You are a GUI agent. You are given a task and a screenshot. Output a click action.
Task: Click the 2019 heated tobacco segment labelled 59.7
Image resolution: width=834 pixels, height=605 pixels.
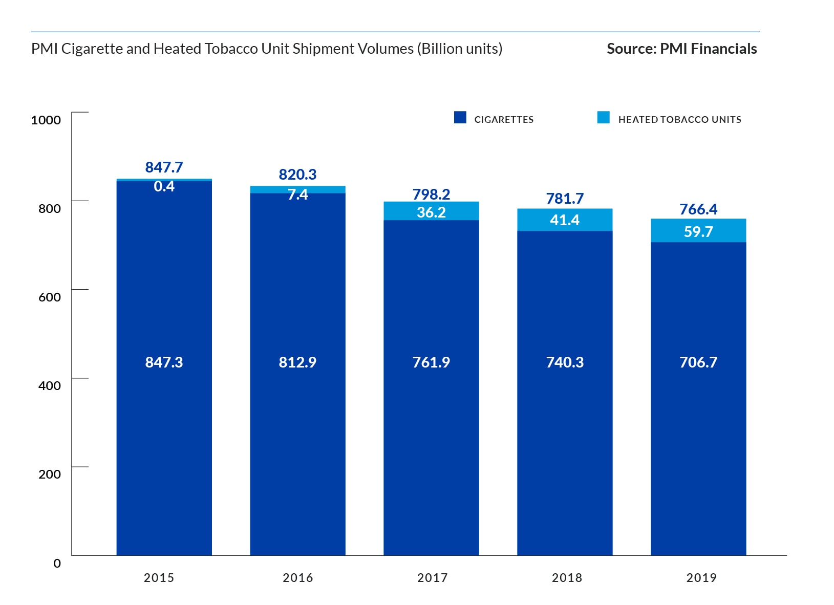pos(698,231)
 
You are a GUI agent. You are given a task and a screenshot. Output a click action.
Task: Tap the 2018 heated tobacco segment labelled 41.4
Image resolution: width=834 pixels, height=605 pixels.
pos(565,220)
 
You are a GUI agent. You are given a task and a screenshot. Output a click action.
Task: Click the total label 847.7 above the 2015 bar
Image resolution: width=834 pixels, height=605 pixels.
pos(164,167)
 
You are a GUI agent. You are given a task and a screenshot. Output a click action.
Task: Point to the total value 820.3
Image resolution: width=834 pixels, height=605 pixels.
pos(297,175)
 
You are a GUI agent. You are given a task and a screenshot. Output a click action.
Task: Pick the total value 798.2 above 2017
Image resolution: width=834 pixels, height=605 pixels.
pos(431,195)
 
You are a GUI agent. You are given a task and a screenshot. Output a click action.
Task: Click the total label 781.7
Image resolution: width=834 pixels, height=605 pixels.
pos(565,199)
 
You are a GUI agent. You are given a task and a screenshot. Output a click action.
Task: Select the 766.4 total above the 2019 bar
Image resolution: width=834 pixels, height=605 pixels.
pos(698,209)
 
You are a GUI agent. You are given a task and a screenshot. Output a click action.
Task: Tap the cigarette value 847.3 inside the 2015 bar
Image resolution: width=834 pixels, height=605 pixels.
pos(164,362)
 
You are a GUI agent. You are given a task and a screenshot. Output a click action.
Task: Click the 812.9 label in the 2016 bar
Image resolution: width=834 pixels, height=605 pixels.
pos(297,362)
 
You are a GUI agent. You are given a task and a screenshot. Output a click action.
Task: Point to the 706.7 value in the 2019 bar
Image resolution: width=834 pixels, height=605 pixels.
pos(698,362)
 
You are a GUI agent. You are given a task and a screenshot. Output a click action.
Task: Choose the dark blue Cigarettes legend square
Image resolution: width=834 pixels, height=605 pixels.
pos(460,118)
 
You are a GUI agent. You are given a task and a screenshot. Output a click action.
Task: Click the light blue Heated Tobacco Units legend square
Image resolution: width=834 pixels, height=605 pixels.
pos(603,118)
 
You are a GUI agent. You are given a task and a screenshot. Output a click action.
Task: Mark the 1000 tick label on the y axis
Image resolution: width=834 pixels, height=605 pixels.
pos(46,120)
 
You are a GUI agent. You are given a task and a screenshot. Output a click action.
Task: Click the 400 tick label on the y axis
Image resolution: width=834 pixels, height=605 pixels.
pos(49,385)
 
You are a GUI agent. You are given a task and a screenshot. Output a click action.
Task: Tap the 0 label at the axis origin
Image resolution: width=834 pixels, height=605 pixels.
pos(57,563)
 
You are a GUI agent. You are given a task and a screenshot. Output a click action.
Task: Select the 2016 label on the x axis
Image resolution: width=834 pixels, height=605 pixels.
pos(297,578)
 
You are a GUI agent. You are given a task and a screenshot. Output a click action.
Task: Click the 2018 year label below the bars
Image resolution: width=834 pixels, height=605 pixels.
pos(567,578)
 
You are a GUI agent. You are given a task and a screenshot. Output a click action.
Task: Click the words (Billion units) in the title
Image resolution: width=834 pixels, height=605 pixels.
pos(460,49)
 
